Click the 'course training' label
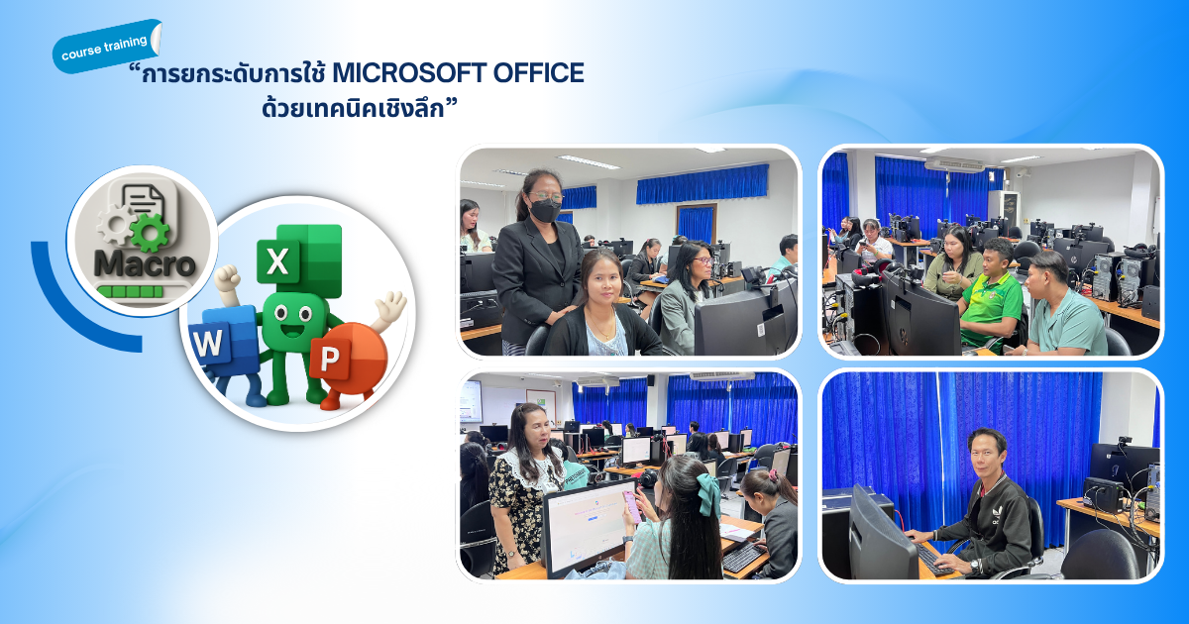click(x=105, y=48)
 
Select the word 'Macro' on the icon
click(x=144, y=263)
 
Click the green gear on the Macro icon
click(x=150, y=232)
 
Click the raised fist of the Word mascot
click(x=228, y=278)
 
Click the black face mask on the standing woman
click(x=545, y=211)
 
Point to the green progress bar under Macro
click(x=131, y=291)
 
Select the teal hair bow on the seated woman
click(x=709, y=494)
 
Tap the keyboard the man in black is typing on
click(x=934, y=561)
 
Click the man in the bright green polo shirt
click(x=992, y=294)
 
